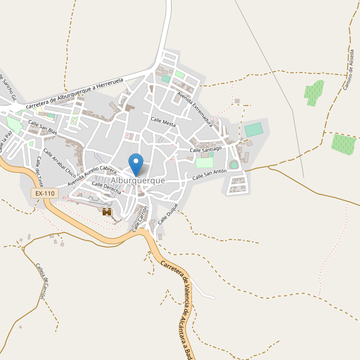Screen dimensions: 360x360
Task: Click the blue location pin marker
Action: coord(136,163)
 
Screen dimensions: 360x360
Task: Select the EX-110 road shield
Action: coord(44,193)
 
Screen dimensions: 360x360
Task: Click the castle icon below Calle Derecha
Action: coord(107,212)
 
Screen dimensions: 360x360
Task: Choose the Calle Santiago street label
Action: coord(206,148)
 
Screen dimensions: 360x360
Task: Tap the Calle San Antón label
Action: coord(209,175)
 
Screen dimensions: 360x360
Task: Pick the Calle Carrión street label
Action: coord(140,218)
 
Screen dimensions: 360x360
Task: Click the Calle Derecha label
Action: coord(106,188)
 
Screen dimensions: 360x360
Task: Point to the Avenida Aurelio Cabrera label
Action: coord(92,175)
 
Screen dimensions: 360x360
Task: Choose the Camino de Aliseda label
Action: coord(349,69)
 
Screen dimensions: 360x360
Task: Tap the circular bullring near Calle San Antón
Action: coord(234,164)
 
